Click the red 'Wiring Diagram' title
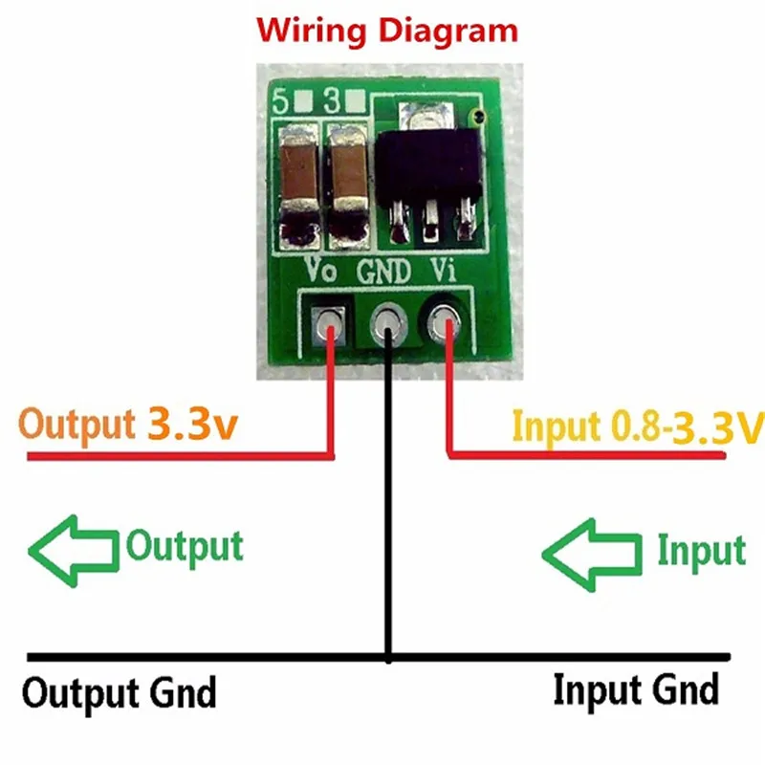pyautogui.click(x=387, y=32)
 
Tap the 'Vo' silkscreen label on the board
pyautogui.click(x=320, y=270)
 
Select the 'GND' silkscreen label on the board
pyautogui.click(x=384, y=272)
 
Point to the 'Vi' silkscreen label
pyautogui.click(x=443, y=270)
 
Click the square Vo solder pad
pyautogui.click(x=328, y=324)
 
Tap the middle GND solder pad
pyautogui.click(x=389, y=323)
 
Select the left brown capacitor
pyautogui.click(x=299, y=186)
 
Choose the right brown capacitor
pyautogui.click(x=347, y=186)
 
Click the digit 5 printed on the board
pyautogui.click(x=280, y=101)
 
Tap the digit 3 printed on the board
pyautogui.click(x=333, y=100)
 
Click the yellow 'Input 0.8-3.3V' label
pyautogui.click(x=638, y=426)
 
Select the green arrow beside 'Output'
pyautogui.click(x=74, y=552)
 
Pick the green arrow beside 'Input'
pyautogui.click(x=592, y=556)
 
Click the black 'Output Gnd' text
pyautogui.click(x=119, y=692)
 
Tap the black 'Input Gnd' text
pyautogui.click(x=636, y=689)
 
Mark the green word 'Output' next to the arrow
pyautogui.click(x=185, y=547)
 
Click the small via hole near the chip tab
pyautogui.click(x=478, y=116)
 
